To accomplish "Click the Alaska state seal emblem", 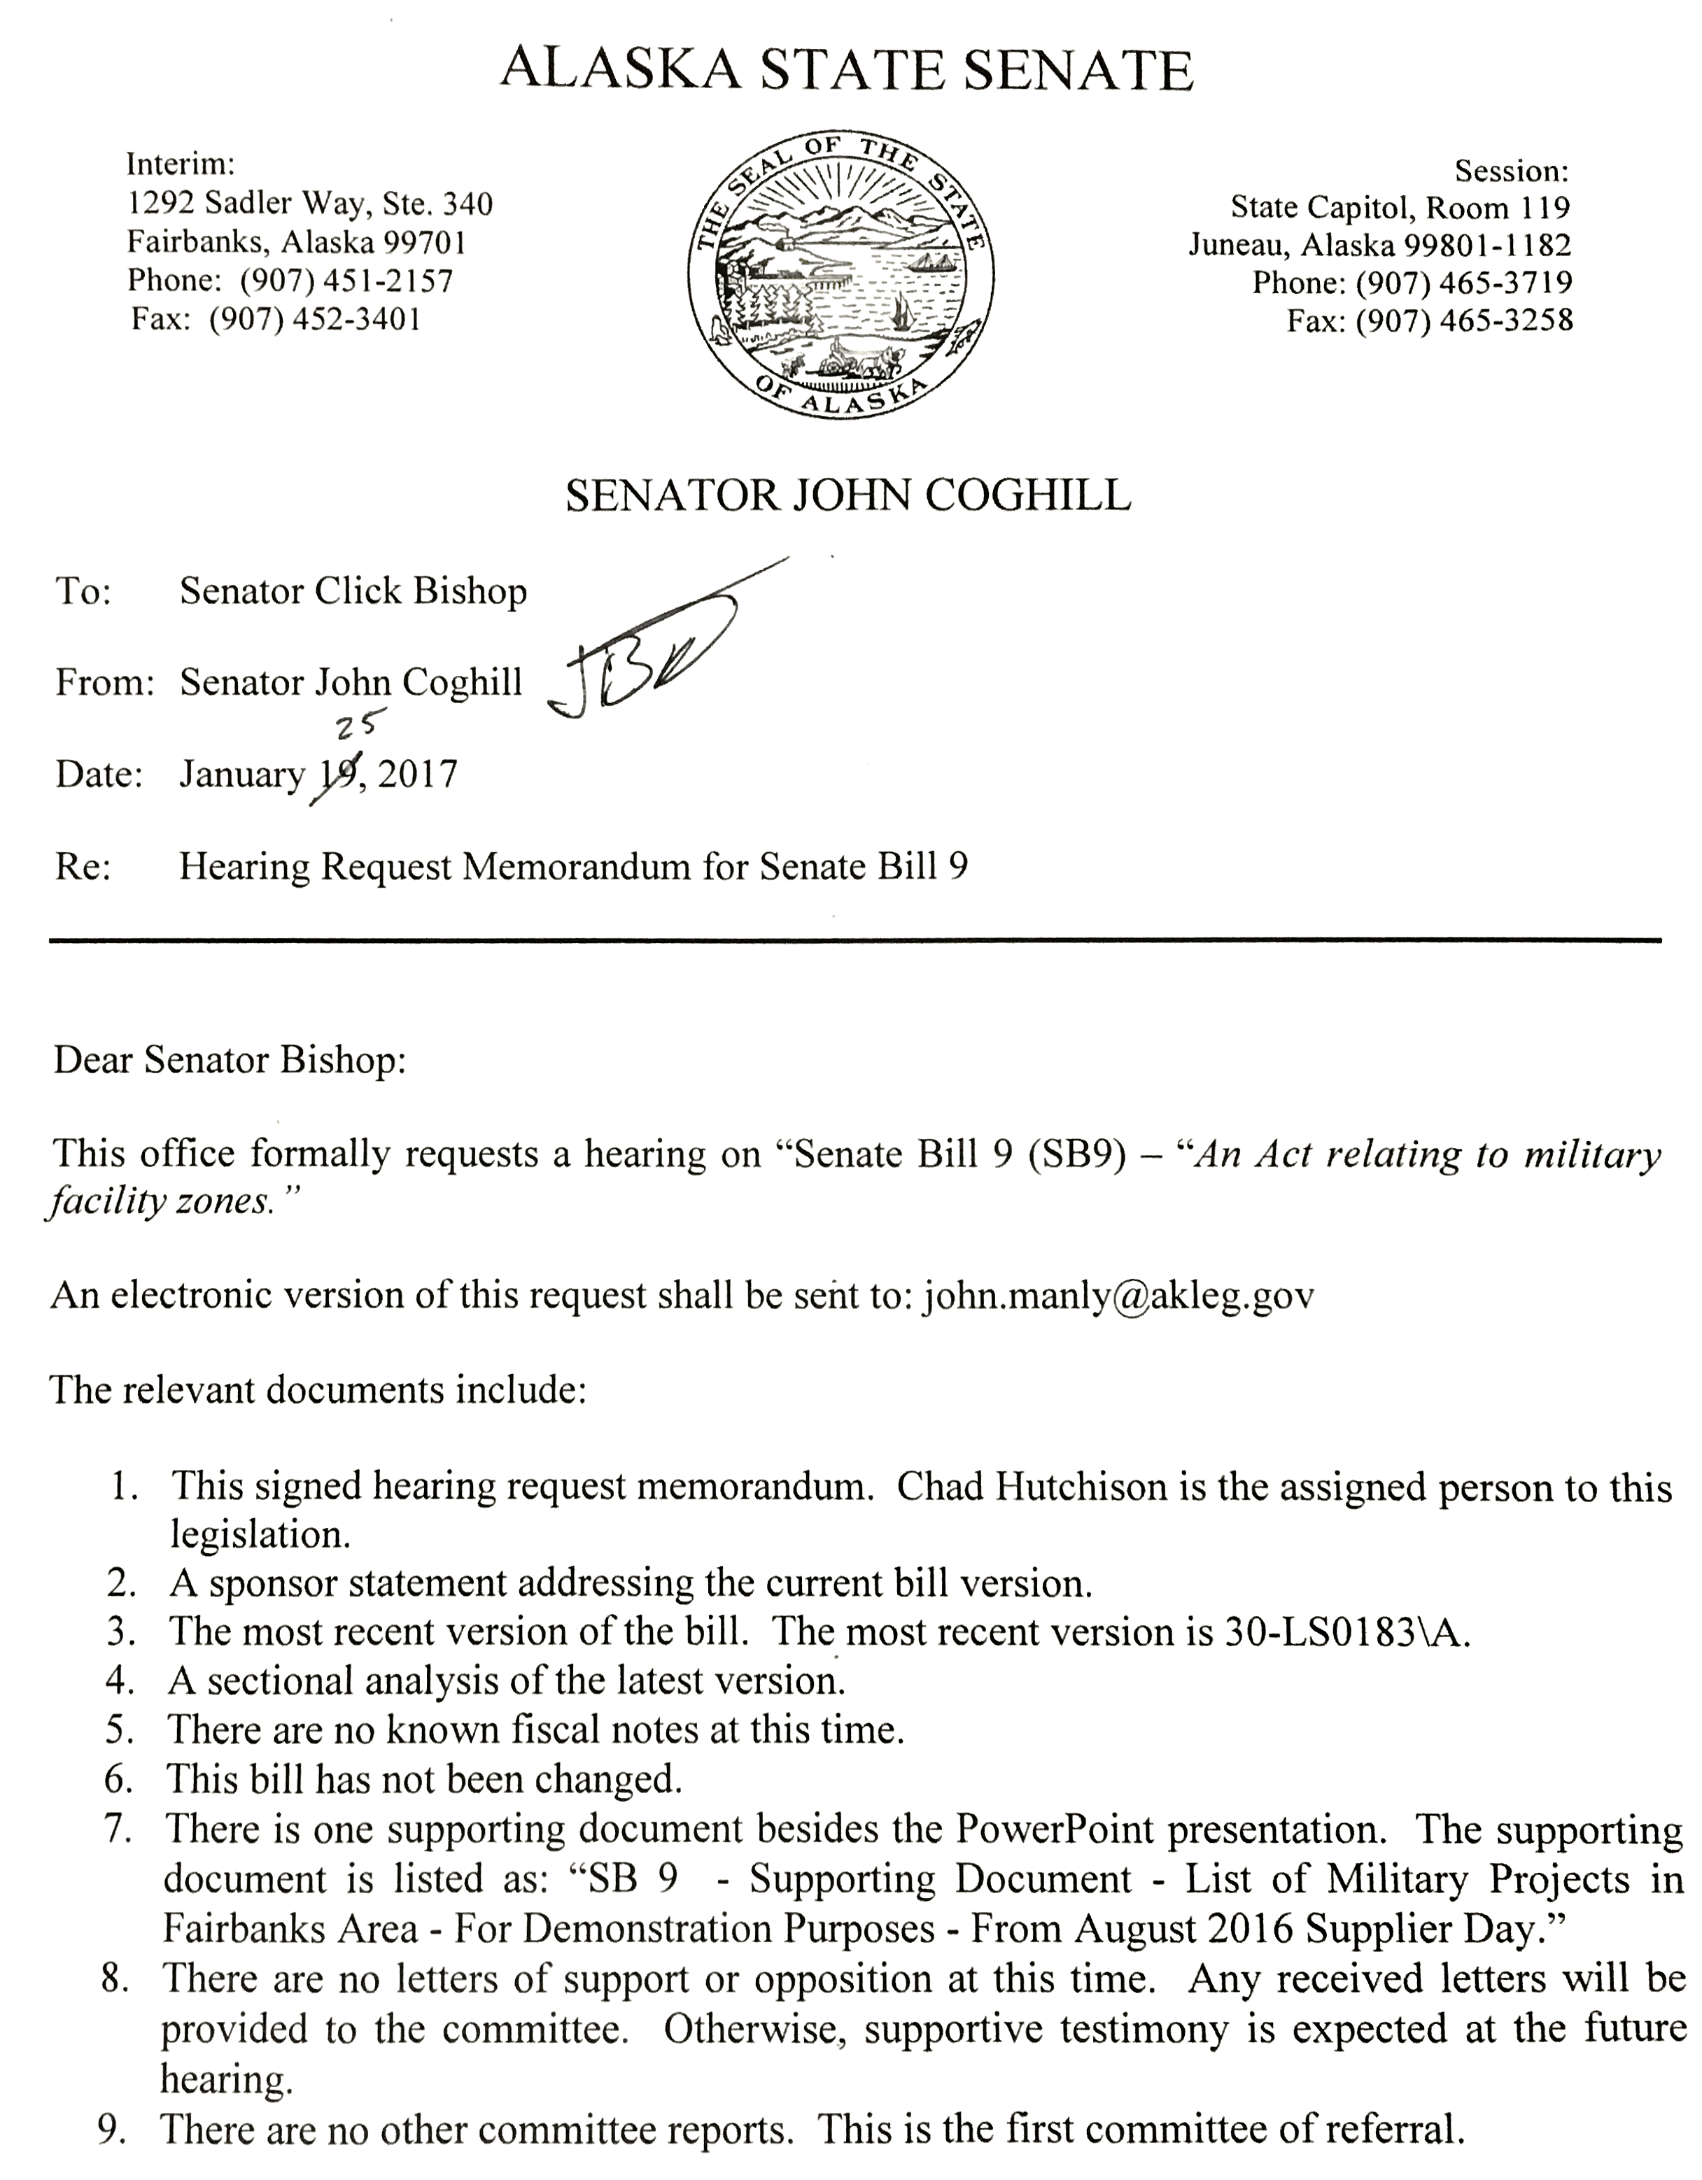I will [x=841, y=274].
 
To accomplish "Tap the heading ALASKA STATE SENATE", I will [x=847, y=70].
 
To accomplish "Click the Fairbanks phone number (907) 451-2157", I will [x=346, y=281].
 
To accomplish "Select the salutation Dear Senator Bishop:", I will [x=230, y=1060].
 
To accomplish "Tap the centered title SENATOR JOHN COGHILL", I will [x=848, y=495].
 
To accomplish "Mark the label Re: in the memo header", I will [x=83, y=866].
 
